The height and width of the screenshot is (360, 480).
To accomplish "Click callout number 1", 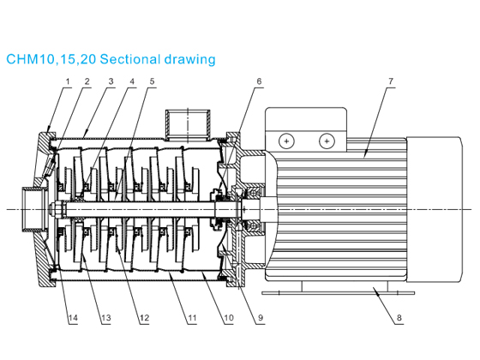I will pos(67,81).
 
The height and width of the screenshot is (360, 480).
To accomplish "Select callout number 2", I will pos(87,81).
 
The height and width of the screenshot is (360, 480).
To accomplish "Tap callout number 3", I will pos(110,81).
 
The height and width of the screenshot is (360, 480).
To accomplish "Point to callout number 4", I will pos(131,81).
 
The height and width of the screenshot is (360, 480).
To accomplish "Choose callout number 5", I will pos(153,81).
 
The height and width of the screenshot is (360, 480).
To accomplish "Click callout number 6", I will pos(258,81).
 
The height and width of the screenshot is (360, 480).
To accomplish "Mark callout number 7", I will pos(390,81).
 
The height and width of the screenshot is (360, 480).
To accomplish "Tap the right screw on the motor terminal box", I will pos(325,141).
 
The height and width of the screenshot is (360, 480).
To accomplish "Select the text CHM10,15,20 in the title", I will pos(51,60).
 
